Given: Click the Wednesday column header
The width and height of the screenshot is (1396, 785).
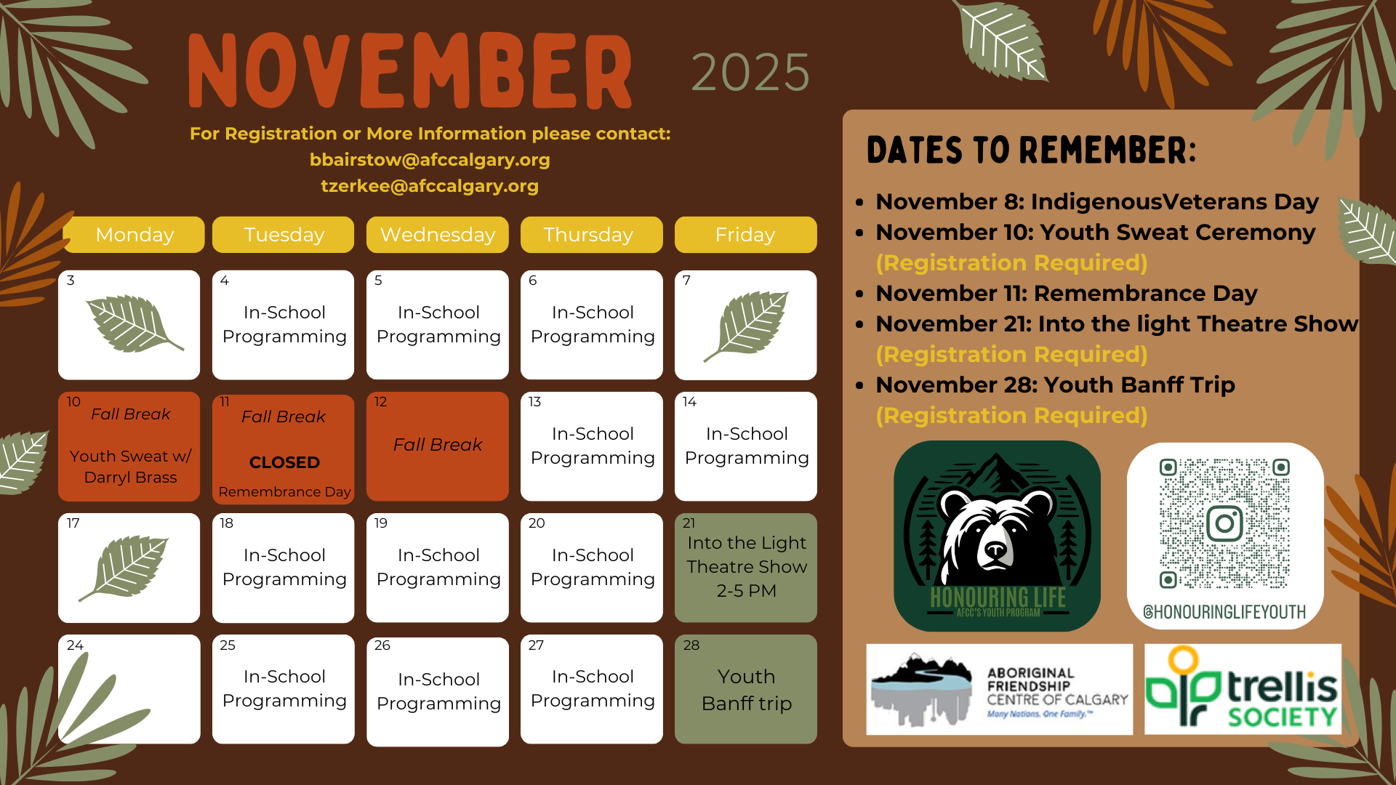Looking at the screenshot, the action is pos(437,235).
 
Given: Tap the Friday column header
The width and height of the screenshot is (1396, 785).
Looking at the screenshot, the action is pos(745,235).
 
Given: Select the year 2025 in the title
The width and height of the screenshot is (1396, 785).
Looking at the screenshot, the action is pos(750,73).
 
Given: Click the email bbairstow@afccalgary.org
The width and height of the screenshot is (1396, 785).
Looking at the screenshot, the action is pos(430,160).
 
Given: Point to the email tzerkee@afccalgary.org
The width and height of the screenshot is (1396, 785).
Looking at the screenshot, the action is pos(430,186).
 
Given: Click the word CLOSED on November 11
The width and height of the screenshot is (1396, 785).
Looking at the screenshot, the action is pos(284,462).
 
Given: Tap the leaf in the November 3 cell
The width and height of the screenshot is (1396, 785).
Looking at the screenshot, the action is pos(133,324).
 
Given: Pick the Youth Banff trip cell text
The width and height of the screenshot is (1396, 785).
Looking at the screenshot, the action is pos(747,690).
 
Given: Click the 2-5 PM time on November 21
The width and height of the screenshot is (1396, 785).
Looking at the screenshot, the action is pos(747,591).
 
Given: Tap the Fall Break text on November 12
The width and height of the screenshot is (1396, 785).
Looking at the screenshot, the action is pos(438,445).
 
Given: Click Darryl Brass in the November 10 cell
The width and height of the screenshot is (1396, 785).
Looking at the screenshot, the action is pos(130,478).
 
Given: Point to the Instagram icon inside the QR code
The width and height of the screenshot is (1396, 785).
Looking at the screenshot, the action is pos(1224,523).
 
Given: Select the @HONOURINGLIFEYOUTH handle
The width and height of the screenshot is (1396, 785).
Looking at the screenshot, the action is pos(1224,612).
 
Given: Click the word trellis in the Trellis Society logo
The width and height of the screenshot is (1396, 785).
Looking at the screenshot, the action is pos(1283,687).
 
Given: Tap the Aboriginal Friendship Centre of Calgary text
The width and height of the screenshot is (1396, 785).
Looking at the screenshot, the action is pos(1057,686).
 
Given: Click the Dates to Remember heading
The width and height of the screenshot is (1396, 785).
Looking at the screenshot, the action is pos(1031,150).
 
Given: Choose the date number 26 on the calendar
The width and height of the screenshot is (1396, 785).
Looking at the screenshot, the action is pos(382,645).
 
